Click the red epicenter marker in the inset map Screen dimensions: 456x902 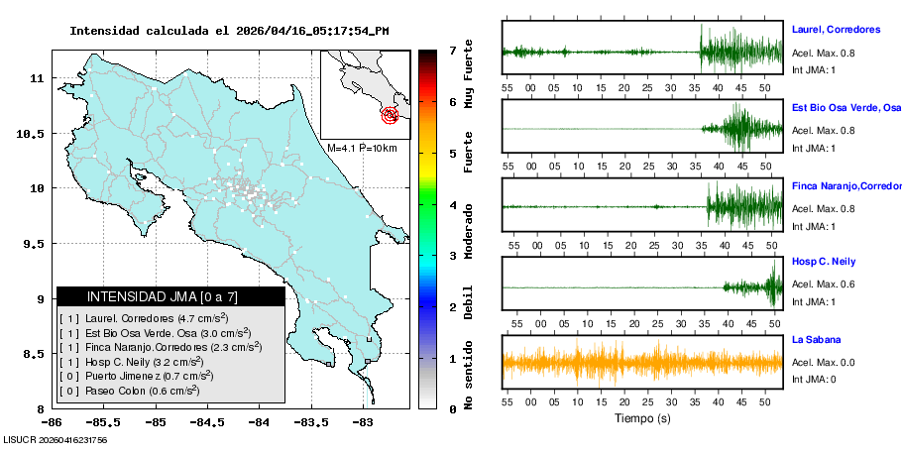click(x=391, y=116)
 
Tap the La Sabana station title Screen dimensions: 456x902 click(x=818, y=339)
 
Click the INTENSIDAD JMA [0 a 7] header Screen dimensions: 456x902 click(x=170, y=296)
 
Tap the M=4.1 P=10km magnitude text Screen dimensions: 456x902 click(x=362, y=148)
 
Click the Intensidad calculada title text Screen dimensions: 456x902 click(x=229, y=31)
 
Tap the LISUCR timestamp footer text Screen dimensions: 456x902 click(x=56, y=439)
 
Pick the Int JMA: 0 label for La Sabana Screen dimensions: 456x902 click(x=814, y=379)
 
